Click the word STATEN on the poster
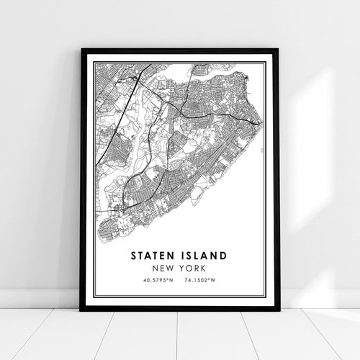point(153,256)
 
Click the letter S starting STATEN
point(133,256)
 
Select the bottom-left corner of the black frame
point(81,310)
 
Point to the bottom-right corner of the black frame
point(279,310)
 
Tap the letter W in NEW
point(170,266)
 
